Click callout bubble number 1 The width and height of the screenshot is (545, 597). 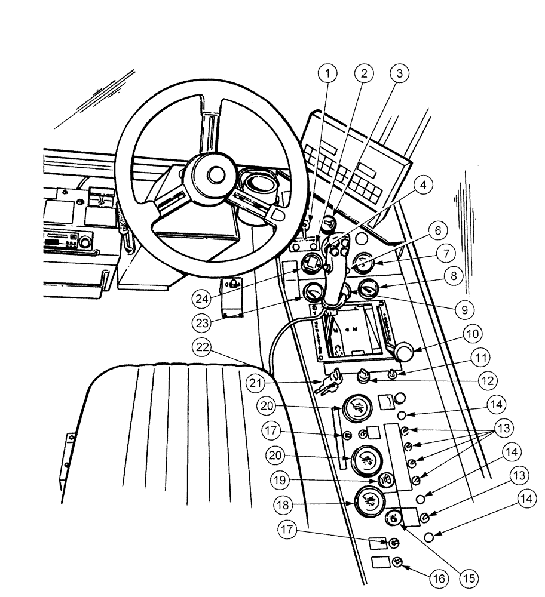tap(327, 73)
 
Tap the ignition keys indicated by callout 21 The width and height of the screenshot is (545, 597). tap(328, 382)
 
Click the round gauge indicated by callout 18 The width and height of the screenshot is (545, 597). tap(370, 503)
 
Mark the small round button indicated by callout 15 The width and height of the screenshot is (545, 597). tap(394, 518)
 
